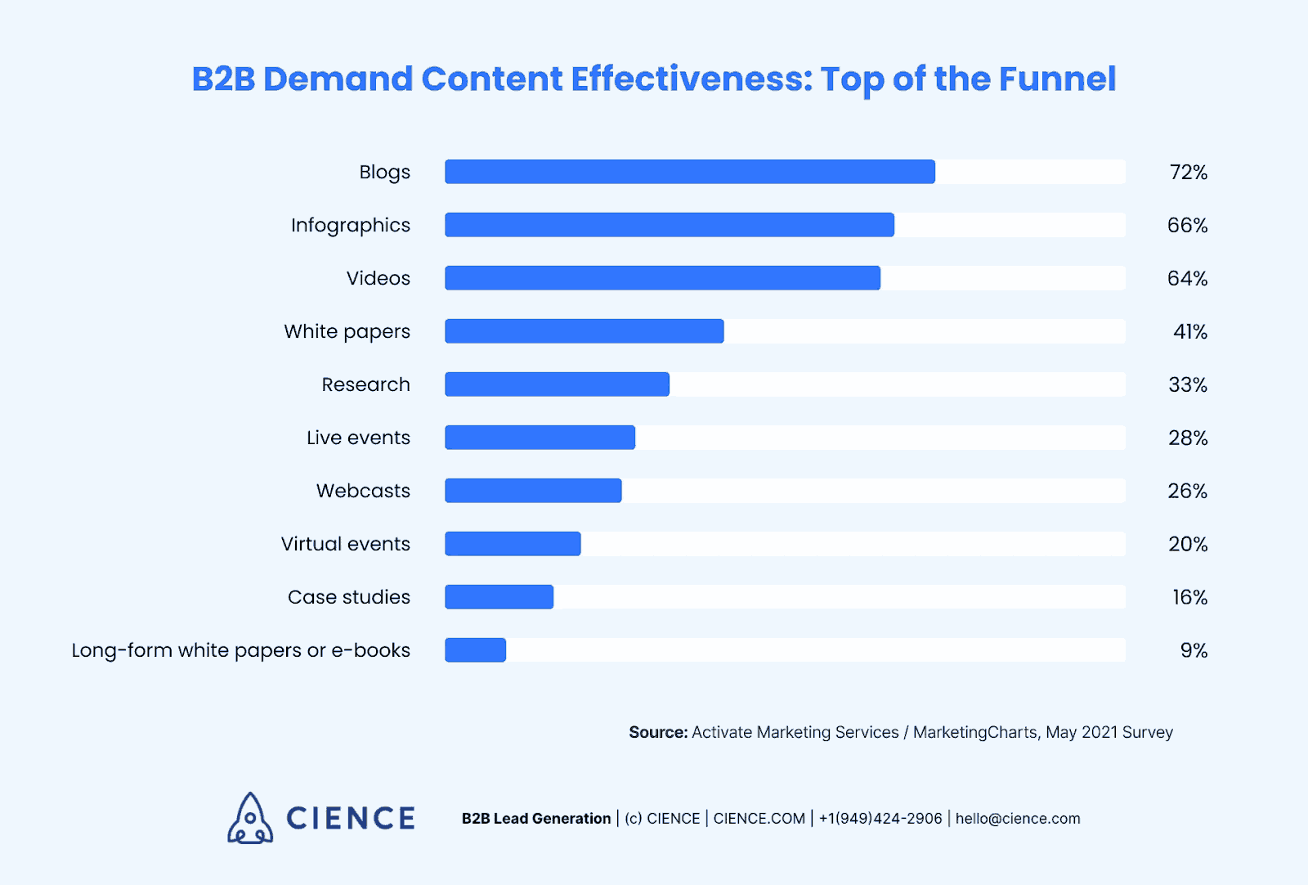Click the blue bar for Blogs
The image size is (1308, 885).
[689, 172]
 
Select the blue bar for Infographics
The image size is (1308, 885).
[669, 225]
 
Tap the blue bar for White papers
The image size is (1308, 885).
[584, 331]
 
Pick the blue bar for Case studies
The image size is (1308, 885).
[499, 597]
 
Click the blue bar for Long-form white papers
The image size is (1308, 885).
[475, 650]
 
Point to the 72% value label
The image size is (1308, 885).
[1188, 173]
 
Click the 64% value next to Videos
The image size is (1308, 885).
[1187, 279]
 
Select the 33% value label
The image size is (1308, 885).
[1188, 385]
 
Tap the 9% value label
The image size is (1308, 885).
[1194, 651]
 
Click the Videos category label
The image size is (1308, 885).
[378, 279]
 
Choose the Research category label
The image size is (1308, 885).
[365, 385]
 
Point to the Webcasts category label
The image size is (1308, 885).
[363, 492]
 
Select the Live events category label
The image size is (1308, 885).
[358, 438]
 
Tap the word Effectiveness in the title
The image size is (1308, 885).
[691, 79]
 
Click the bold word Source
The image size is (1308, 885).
[657, 733]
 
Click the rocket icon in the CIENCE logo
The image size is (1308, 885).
[250, 818]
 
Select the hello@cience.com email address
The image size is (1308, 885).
[1018, 819]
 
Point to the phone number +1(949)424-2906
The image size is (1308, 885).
[880, 819]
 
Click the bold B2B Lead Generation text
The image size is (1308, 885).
[536, 819]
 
